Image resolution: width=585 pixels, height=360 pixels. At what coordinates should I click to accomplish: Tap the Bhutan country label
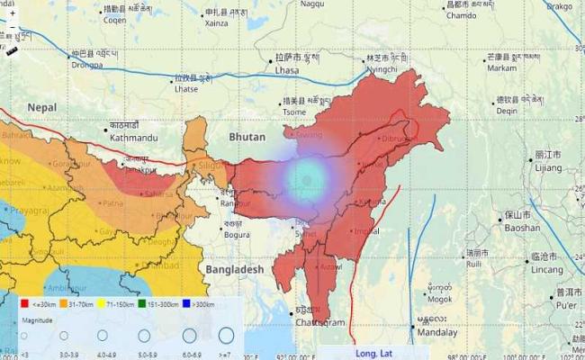pyautogui.click(x=247, y=137)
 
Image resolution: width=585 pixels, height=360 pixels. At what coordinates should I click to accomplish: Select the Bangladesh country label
pyautogui.click(x=233, y=269)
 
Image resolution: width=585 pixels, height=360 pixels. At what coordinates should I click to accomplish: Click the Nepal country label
pyautogui.click(x=41, y=106)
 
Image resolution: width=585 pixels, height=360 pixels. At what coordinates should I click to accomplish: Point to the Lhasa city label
pyautogui.click(x=286, y=69)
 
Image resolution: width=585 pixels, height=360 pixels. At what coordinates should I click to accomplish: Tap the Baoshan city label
pyautogui.click(x=522, y=229)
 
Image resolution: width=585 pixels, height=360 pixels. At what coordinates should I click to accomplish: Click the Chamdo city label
pyautogui.click(x=461, y=15)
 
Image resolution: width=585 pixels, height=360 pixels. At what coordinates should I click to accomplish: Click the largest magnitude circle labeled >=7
pyautogui.click(x=225, y=336)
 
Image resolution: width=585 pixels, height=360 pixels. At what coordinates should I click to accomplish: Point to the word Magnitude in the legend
pyautogui.click(x=35, y=319)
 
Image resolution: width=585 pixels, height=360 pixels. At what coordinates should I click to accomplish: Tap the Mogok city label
pyautogui.click(x=440, y=299)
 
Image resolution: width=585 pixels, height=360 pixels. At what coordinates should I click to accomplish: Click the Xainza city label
pyautogui.click(x=217, y=23)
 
